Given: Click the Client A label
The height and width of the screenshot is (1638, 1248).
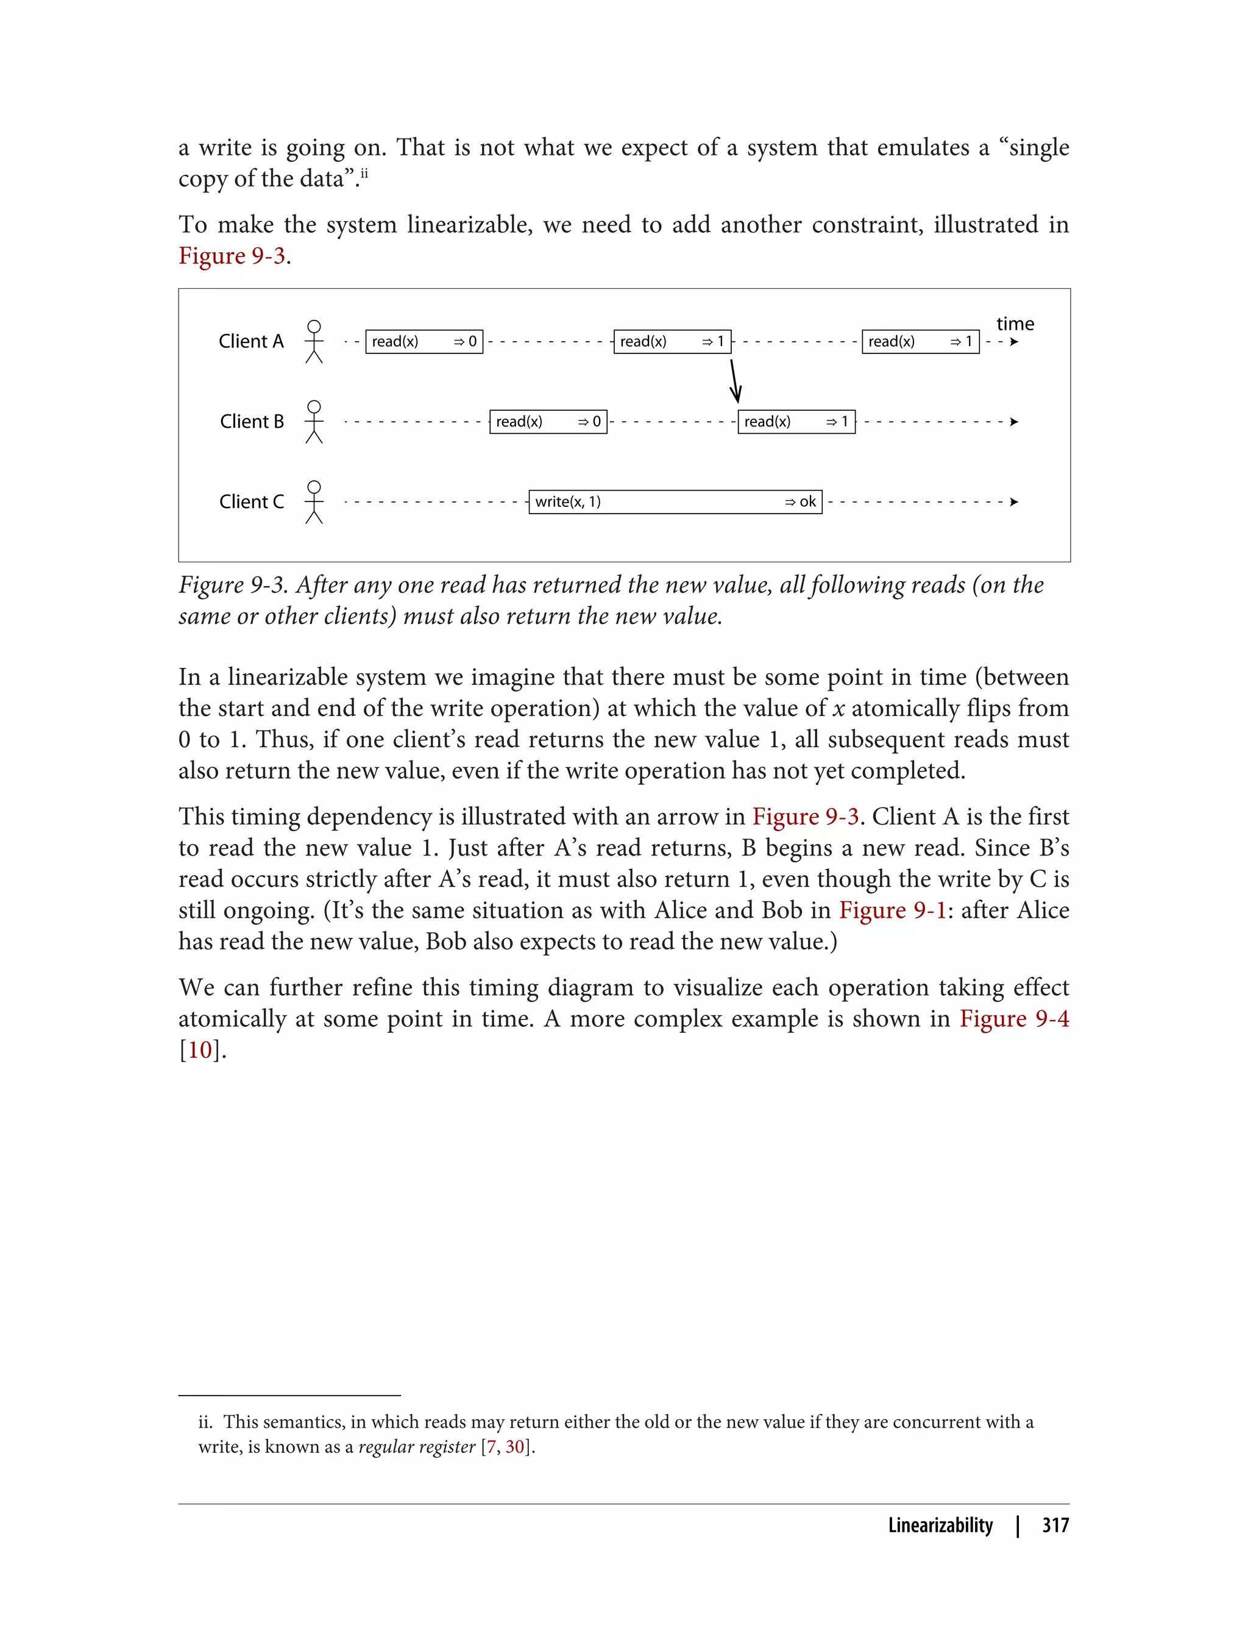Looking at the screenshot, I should pyautogui.click(x=251, y=341).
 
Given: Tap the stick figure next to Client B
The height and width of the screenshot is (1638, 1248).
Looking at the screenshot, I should pyautogui.click(x=314, y=422).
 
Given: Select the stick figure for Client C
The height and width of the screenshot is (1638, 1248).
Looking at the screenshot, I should pyautogui.click(x=314, y=502).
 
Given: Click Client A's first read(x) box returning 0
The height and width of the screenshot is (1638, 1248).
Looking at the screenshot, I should pyautogui.click(x=424, y=342).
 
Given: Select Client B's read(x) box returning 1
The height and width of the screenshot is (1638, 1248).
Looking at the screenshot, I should pyautogui.click(x=796, y=422).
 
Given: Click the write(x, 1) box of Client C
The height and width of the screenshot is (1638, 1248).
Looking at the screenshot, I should pyautogui.click(x=675, y=502).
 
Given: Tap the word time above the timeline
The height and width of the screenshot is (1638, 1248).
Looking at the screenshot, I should pyautogui.click(x=1015, y=324).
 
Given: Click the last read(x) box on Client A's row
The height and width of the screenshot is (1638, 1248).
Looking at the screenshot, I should pyautogui.click(x=920, y=342).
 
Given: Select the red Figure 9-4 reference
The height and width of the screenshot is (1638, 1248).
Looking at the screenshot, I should pyautogui.click(x=1014, y=1018).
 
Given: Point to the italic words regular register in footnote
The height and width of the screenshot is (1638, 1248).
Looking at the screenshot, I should pyautogui.click(x=416, y=1446).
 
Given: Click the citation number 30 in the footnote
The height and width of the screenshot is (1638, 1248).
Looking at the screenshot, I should pyautogui.click(x=515, y=1446).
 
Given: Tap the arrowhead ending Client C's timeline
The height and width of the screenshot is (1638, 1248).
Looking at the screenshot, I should pyautogui.click(x=1014, y=502).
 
